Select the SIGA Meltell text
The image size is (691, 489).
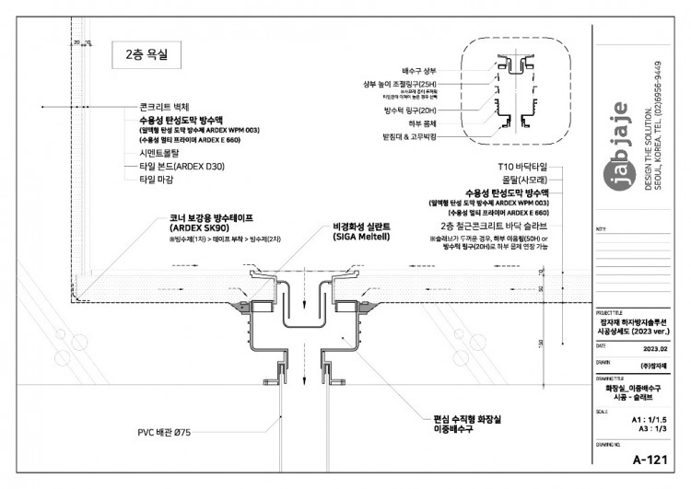point(360,236)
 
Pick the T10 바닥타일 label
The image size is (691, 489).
point(521,167)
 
